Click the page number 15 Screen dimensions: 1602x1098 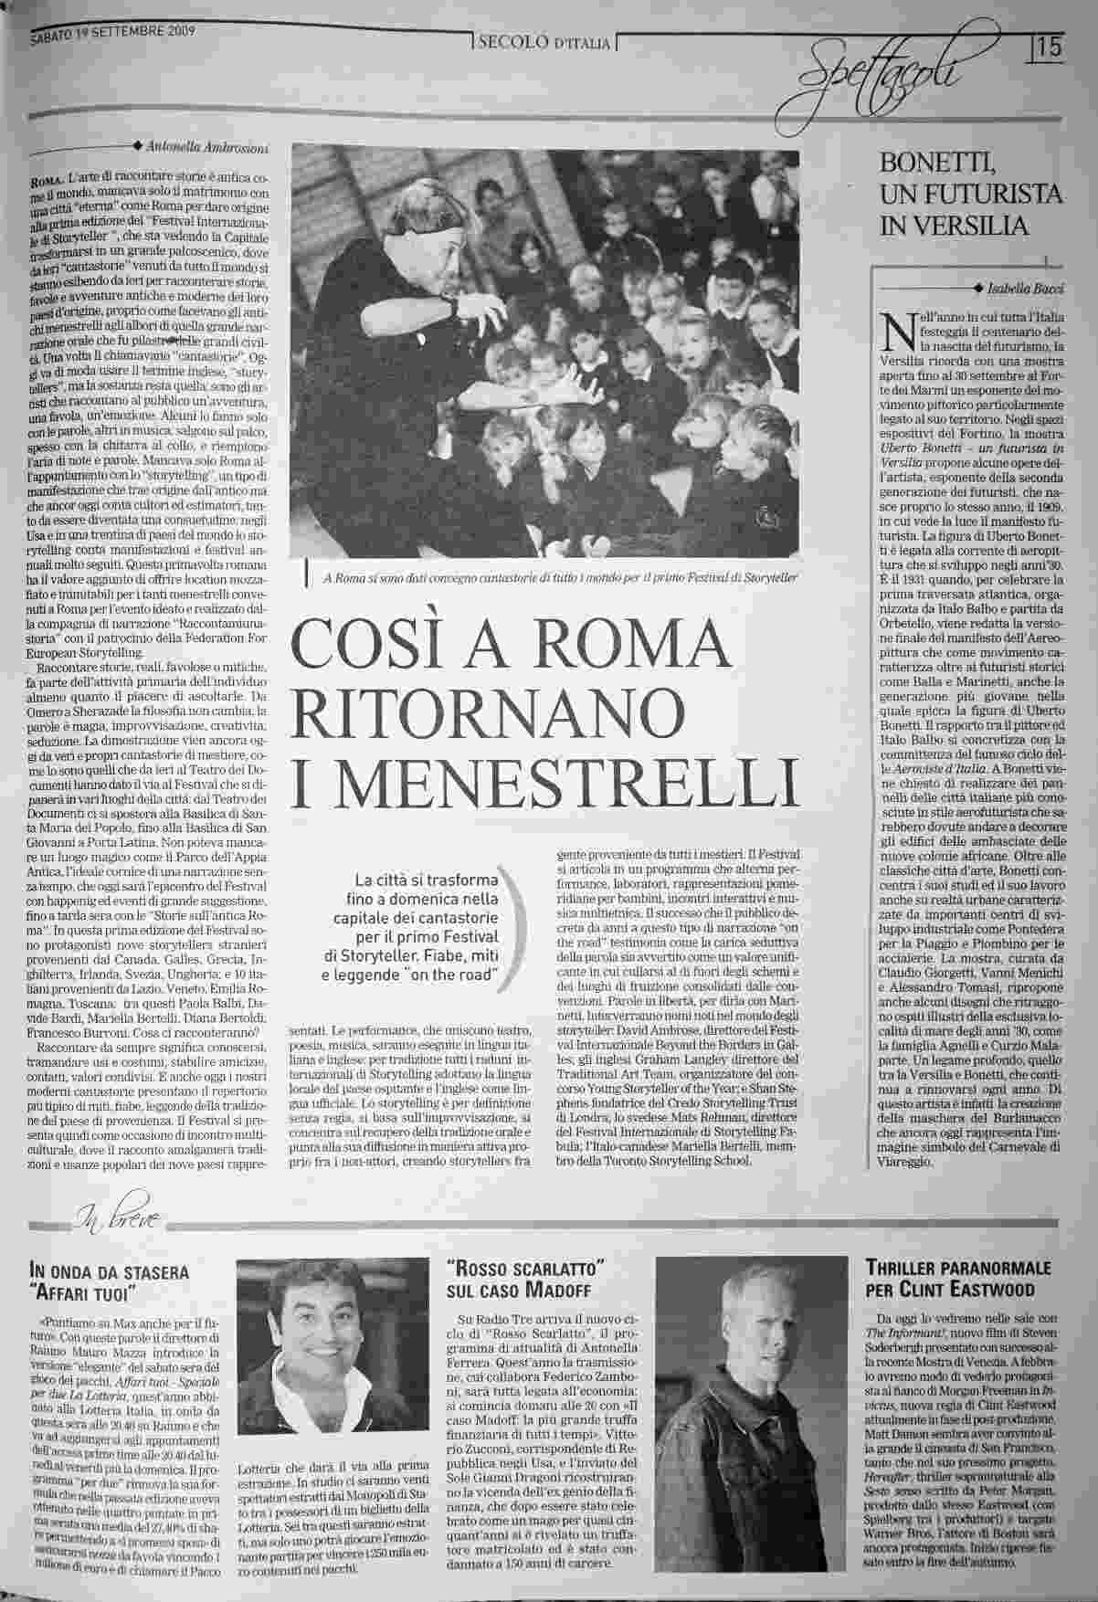pos(1050,46)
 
